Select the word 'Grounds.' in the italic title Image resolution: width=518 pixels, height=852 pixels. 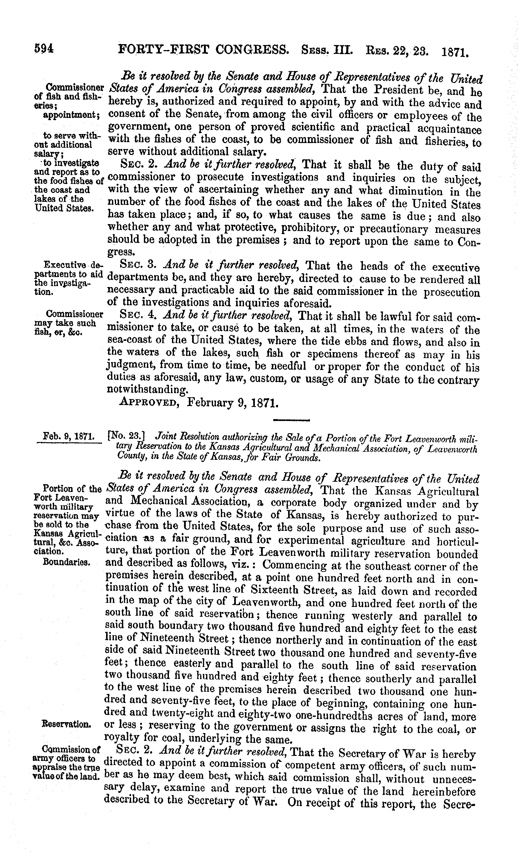click(305, 459)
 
